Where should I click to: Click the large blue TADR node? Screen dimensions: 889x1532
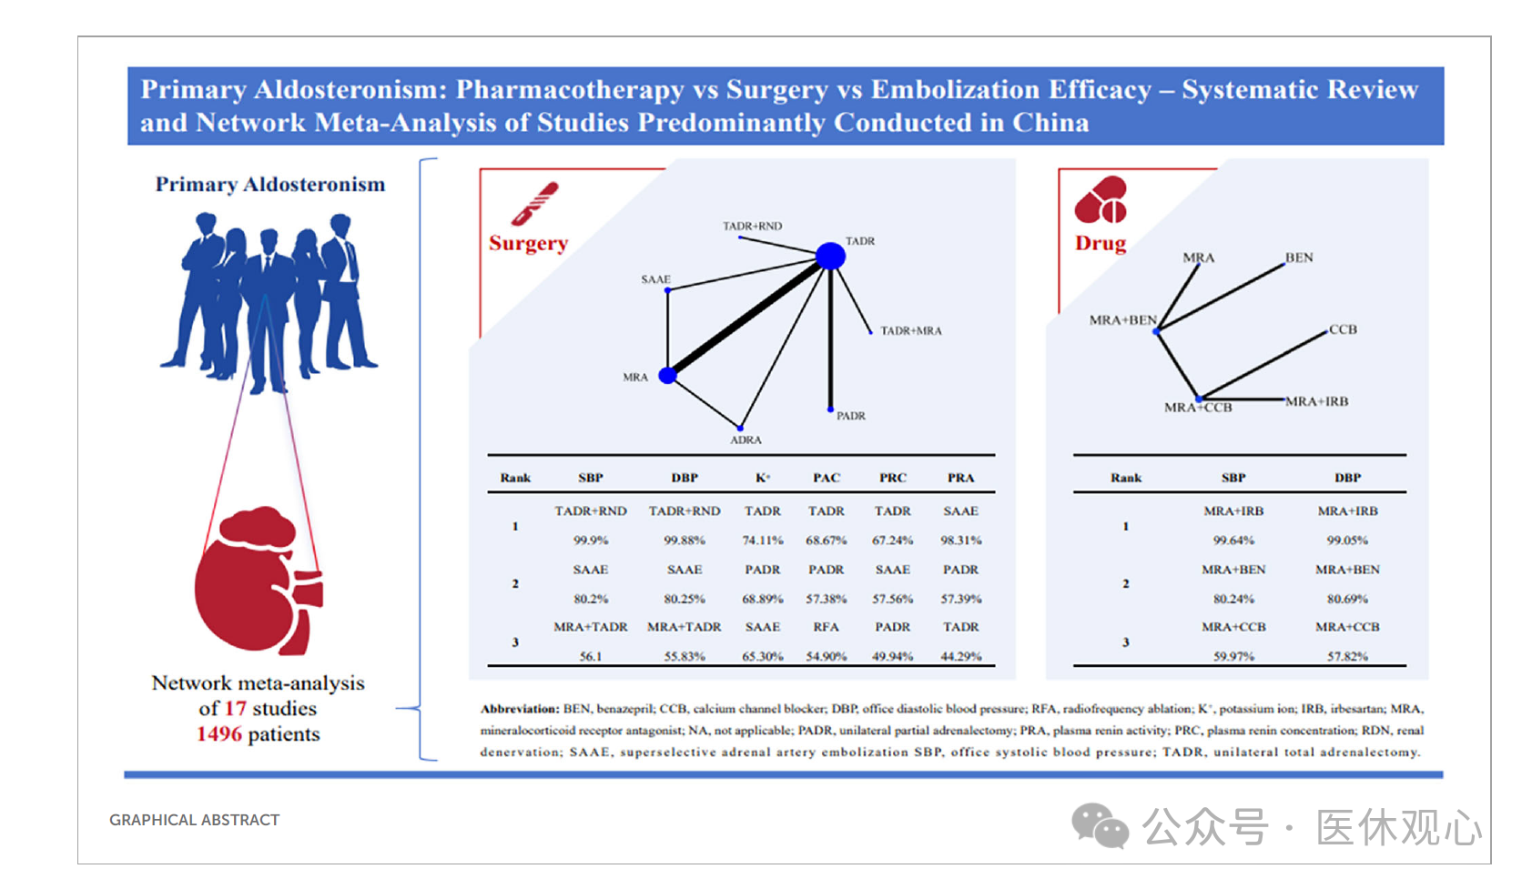(x=829, y=256)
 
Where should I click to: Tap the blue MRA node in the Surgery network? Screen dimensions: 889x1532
(x=667, y=375)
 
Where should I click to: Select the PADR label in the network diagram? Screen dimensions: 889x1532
(x=850, y=416)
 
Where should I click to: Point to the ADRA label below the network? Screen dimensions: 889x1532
(x=746, y=440)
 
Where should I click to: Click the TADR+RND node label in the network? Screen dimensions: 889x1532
(x=752, y=226)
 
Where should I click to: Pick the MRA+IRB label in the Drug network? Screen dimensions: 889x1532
(x=1316, y=401)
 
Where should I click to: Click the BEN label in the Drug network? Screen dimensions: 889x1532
(x=1299, y=258)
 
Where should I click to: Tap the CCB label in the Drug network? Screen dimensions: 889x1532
(x=1343, y=329)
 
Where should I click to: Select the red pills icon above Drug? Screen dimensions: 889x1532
(x=1101, y=200)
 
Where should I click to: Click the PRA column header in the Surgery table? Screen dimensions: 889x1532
(x=960, y=478)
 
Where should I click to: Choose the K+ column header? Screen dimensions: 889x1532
(x=763, y=478)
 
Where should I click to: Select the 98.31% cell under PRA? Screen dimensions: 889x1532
(x=960, y=540)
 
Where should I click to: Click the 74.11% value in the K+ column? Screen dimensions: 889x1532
(x=763, y=540)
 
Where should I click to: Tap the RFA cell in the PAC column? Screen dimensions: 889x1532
(x=826, y=627)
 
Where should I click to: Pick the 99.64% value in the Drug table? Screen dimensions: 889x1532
(x=1233, y=540)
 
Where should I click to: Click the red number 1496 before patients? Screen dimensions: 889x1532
(x=219, y=734)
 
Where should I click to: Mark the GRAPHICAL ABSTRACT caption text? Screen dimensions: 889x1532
(x=195, y=820)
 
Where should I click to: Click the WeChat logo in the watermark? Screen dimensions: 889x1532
(x=1100, y=826)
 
